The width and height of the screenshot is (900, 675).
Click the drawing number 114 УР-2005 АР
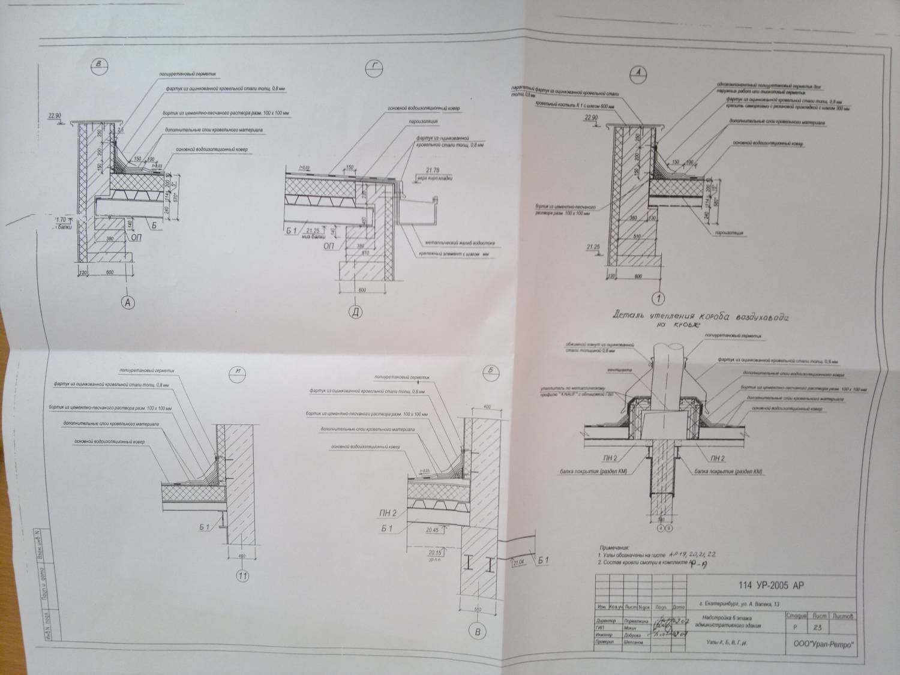coord(769,586)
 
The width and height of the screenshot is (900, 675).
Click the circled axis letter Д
coord(356,313)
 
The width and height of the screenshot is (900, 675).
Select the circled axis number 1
coord(659,297)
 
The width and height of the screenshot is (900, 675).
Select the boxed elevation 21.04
coord(519,562)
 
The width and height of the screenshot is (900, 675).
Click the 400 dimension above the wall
coord(486,406)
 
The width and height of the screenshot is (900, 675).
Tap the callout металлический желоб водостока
coord(459,243)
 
